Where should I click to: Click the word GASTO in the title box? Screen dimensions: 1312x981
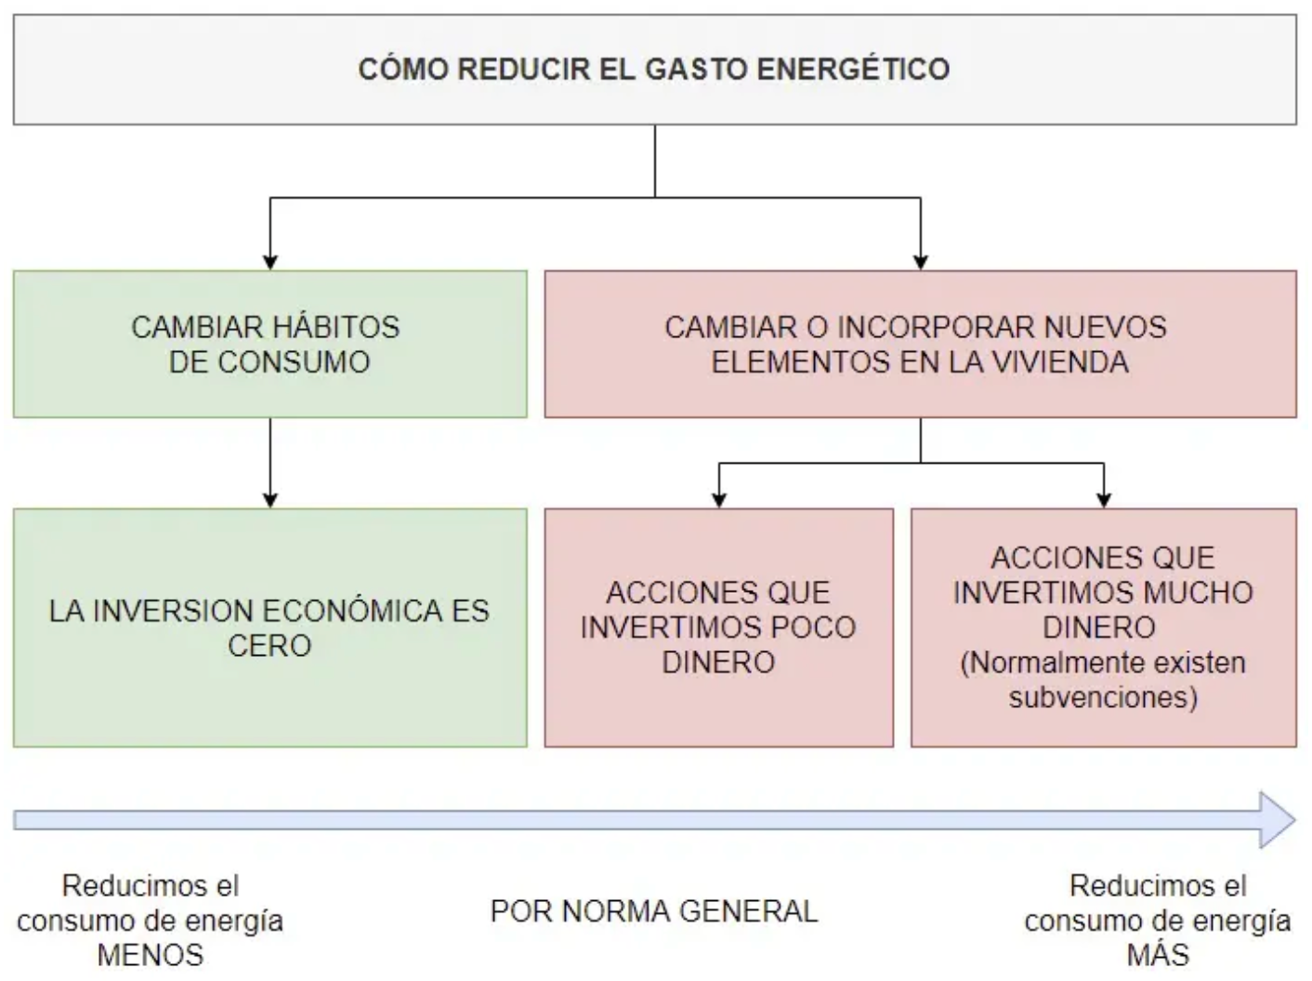point(696,69)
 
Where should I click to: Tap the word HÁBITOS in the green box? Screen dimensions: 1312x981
point(336,327)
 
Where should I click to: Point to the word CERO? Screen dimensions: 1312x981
point(269,646)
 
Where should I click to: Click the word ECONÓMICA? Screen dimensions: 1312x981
point(352,610)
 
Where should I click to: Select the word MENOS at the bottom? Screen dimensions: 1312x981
point(151,955)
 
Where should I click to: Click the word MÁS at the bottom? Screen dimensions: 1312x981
point(1158,954)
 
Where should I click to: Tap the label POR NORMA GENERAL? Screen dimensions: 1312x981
point(654,911)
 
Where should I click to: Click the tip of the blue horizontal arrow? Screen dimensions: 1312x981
point(1295,820)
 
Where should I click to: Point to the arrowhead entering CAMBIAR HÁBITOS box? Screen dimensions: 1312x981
point(270,263)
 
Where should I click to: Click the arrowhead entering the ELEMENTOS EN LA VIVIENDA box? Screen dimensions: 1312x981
point(921,263)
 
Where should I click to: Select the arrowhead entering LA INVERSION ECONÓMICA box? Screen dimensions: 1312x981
point(270,501)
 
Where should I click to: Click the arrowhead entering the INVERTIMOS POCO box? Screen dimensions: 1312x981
point(719,501)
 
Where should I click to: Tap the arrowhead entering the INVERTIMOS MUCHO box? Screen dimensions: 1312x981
point(1104,501)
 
